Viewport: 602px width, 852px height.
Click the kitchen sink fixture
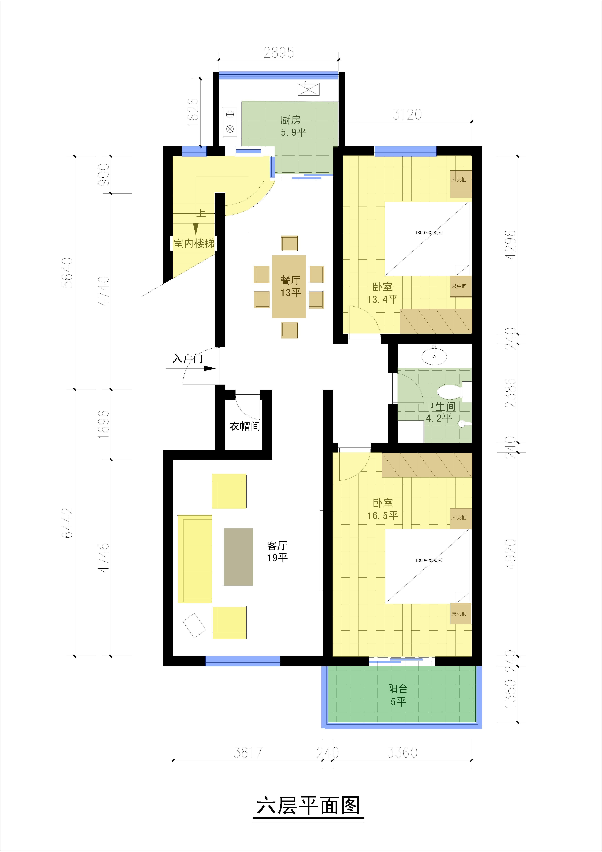click(x=308, y=89)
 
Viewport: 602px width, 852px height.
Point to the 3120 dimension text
click(x=407, y=115)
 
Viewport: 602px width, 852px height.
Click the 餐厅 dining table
click(x=289, y=286)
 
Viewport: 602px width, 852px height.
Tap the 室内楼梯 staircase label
click(x=194, y=243)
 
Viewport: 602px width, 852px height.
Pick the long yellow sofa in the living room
click(x=194, y=559)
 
